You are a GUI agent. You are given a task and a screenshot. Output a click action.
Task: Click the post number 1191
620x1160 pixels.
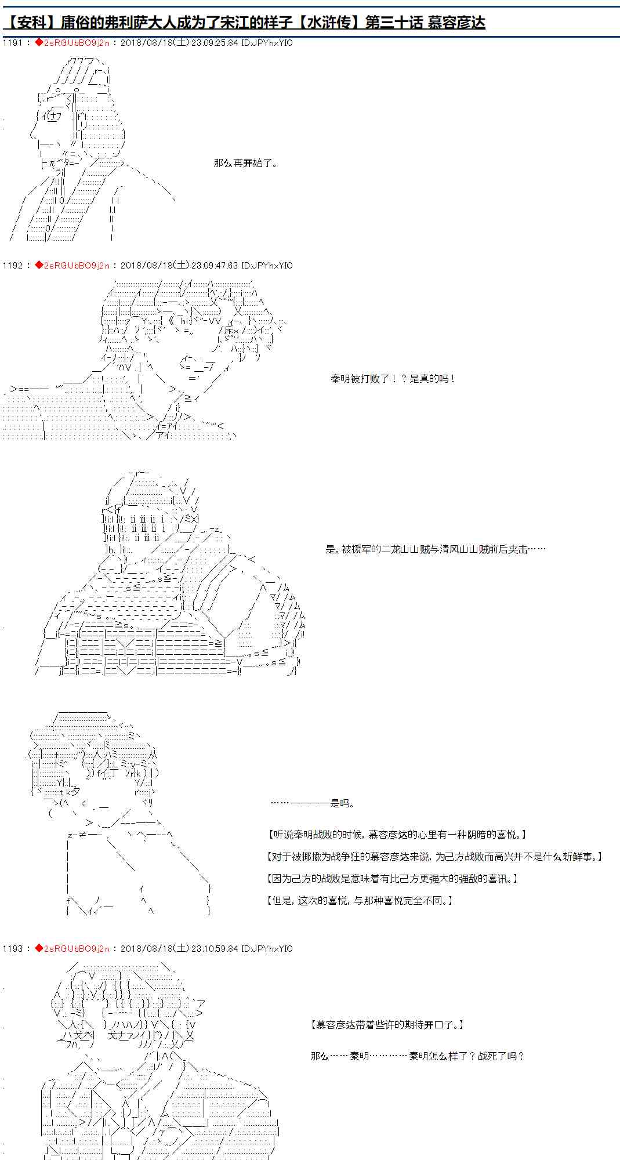pyautogui.click(x=12, y=43)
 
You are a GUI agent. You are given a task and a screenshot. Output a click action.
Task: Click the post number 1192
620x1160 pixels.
pyautogui.click(x=12, y=266)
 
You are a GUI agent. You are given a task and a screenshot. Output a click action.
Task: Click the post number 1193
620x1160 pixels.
pyautogui.click(x=12, y=949)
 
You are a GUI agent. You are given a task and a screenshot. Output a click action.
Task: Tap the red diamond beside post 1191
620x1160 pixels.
pyautogui.click(x=38, y=43)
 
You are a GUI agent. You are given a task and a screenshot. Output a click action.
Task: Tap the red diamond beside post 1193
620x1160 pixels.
pyautogui.click(x=38, y=949)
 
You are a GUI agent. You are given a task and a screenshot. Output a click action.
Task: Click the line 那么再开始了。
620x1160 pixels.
pyautogui.click(x=246, y=164)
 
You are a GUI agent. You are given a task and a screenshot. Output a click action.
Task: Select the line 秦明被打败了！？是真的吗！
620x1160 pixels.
pyautogui.click(x=393, y=379)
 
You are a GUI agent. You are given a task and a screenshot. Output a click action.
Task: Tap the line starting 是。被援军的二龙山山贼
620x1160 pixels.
pyautogui.click(x=435, y=549)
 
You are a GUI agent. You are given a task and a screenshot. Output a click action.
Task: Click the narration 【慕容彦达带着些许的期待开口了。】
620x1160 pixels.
pyautogui.click(x=387, y=1025)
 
